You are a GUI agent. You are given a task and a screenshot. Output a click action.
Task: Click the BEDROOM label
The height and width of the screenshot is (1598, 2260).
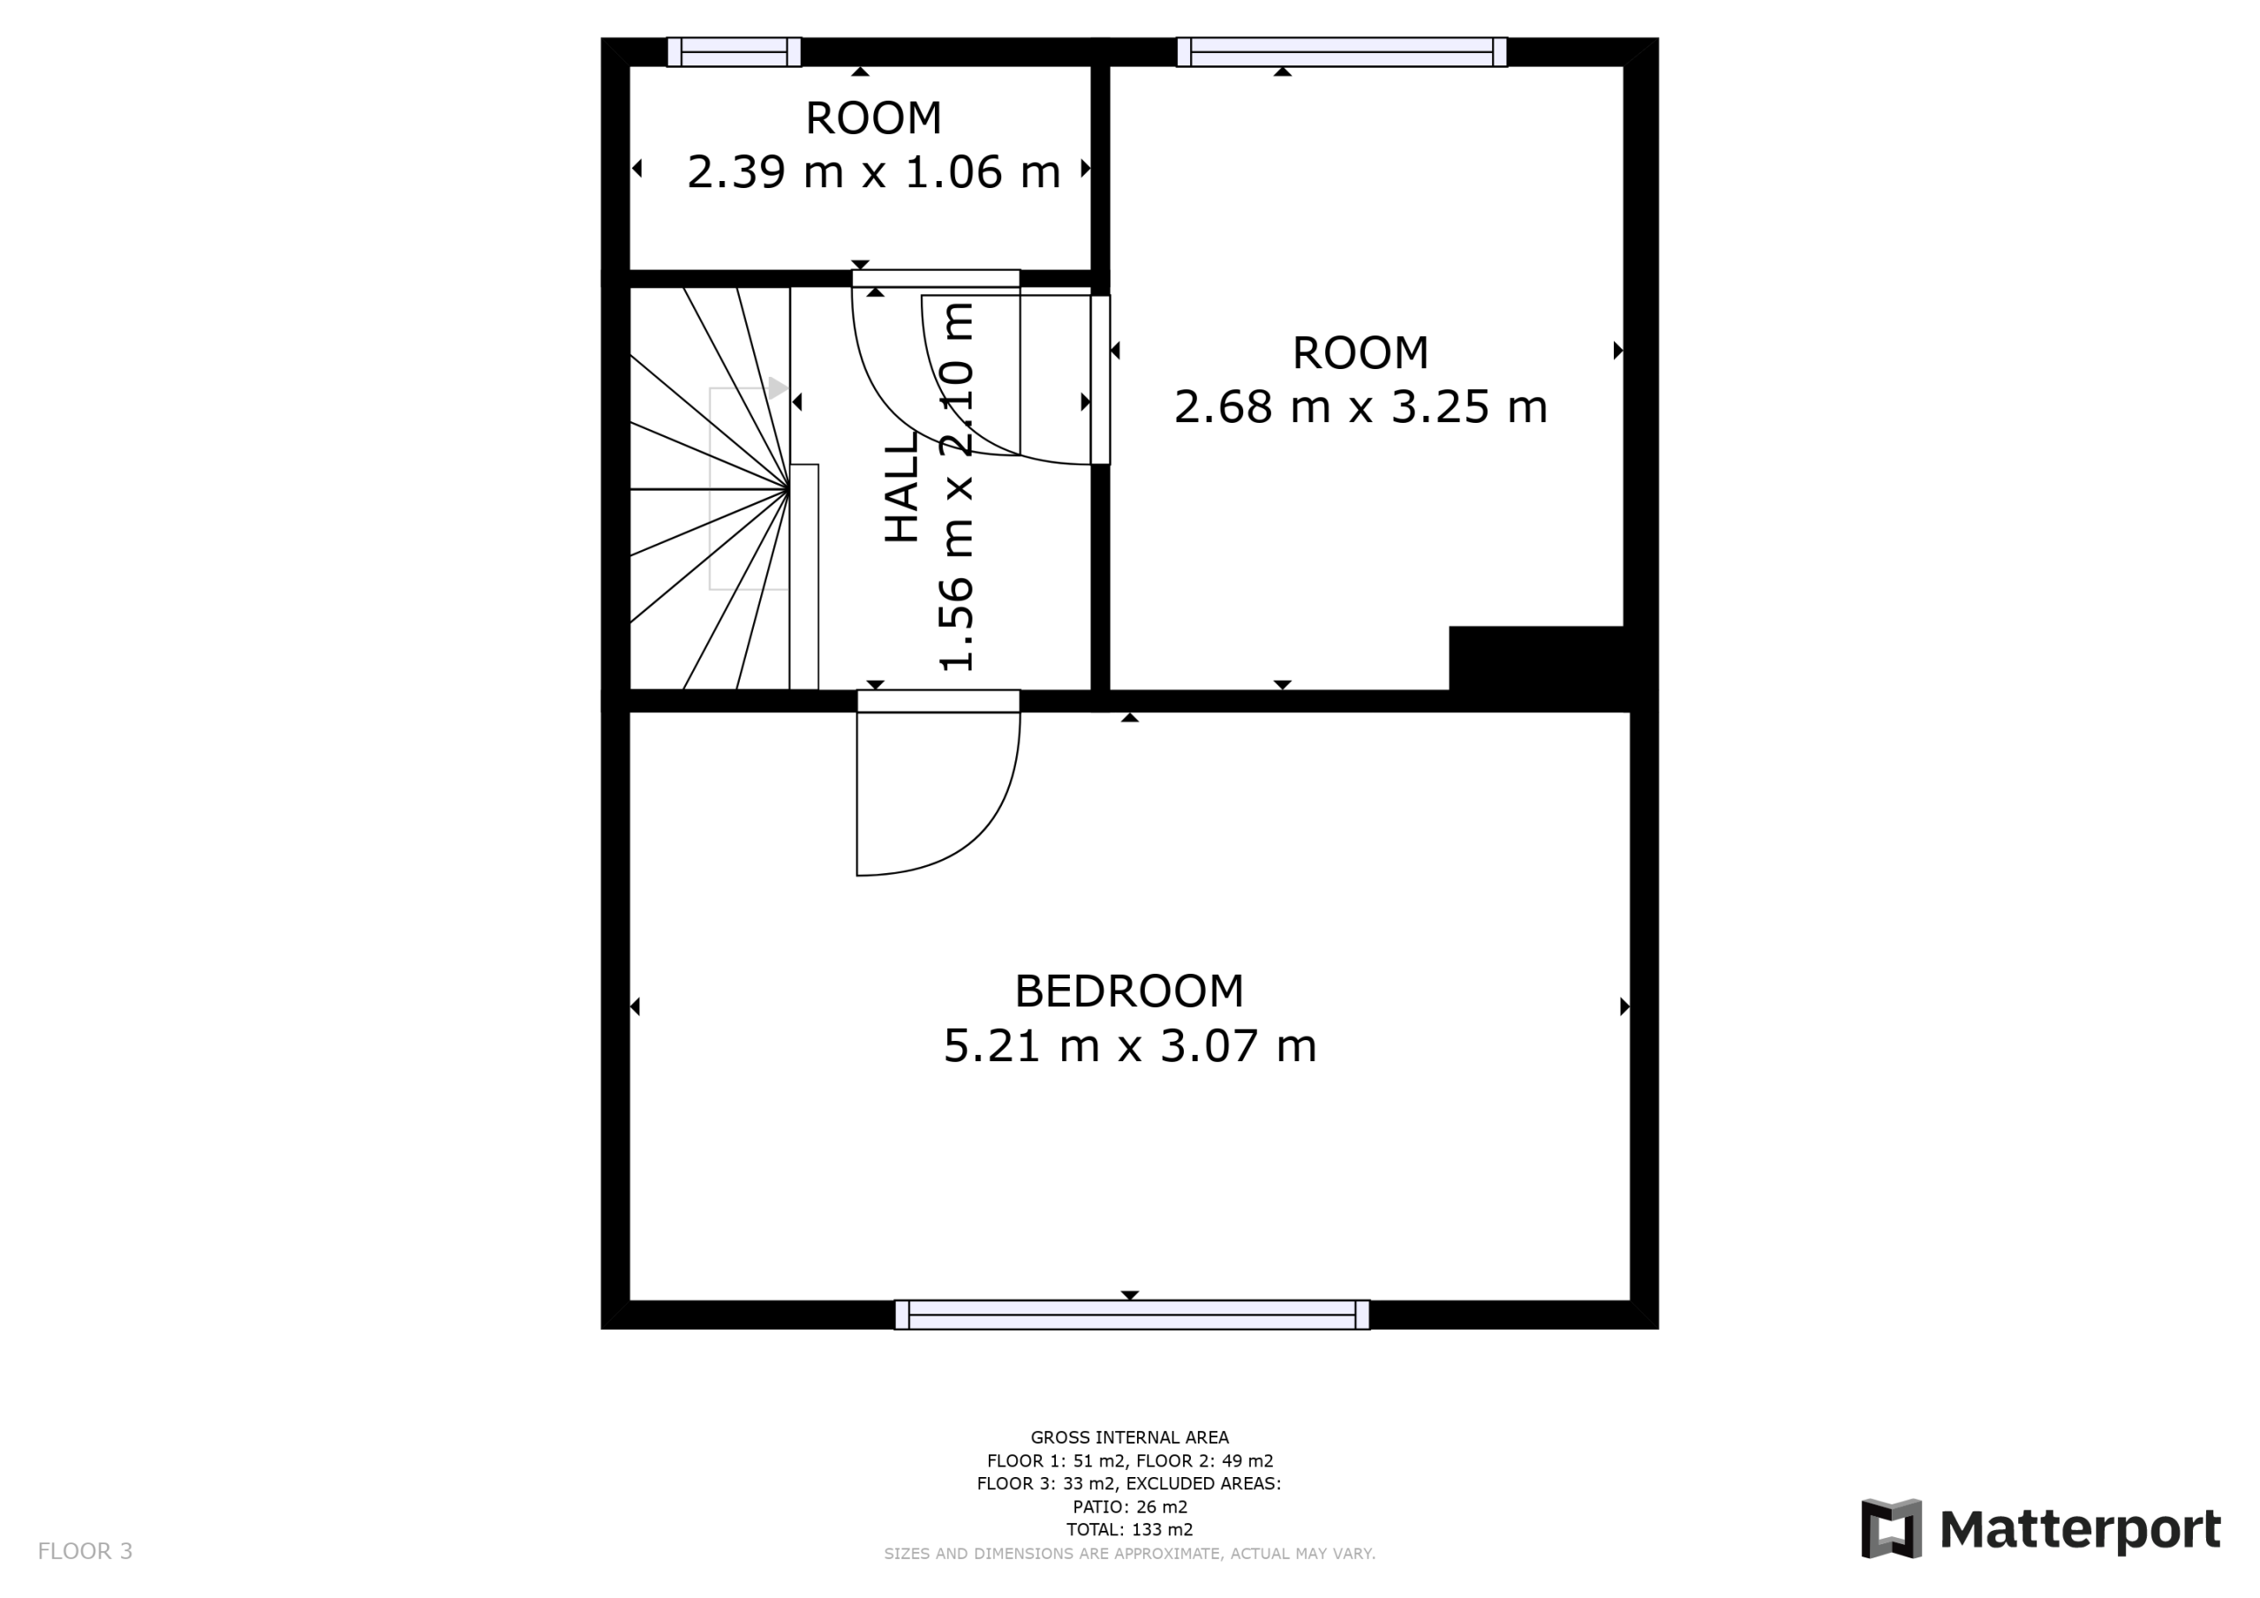coord(1129,991)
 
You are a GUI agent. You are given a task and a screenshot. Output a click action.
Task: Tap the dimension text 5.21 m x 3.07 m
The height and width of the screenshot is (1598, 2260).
coord(1130,1045)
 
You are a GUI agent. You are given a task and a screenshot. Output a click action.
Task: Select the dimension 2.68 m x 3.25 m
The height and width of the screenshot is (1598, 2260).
coord(1360,407)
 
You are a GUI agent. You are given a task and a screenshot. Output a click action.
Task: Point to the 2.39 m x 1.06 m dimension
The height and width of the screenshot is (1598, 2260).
coord(873,172)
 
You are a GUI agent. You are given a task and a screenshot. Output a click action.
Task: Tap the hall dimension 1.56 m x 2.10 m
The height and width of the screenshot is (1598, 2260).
coord(957,487)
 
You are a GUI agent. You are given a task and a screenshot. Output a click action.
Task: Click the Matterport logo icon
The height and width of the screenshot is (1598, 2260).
coord(1891,1529)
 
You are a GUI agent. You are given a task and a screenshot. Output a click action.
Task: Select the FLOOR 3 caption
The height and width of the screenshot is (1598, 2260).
coord(85,1552)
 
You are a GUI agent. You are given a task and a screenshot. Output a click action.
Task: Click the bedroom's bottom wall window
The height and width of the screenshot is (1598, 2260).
coord(1132,1315)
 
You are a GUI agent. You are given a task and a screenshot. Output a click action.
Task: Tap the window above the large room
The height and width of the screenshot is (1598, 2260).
coord(1342,52)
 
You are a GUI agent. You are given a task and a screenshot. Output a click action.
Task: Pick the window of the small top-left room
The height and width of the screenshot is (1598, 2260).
coord(734,52)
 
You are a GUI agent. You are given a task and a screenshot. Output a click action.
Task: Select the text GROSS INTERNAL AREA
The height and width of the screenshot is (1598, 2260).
coord(1130,1437)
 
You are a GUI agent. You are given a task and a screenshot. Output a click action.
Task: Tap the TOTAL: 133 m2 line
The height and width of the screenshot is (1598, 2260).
coord(1130,1529)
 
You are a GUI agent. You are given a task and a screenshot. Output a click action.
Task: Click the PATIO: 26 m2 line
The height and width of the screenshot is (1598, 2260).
coord(1130,1506)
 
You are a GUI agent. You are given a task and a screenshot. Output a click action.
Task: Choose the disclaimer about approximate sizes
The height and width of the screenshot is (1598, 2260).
coord(1130,1554)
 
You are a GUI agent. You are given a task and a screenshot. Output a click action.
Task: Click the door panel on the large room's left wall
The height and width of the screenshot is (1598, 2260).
coord(1101,379)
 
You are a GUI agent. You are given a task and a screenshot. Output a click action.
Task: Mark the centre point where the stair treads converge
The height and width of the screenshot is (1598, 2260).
coord(789,488)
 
